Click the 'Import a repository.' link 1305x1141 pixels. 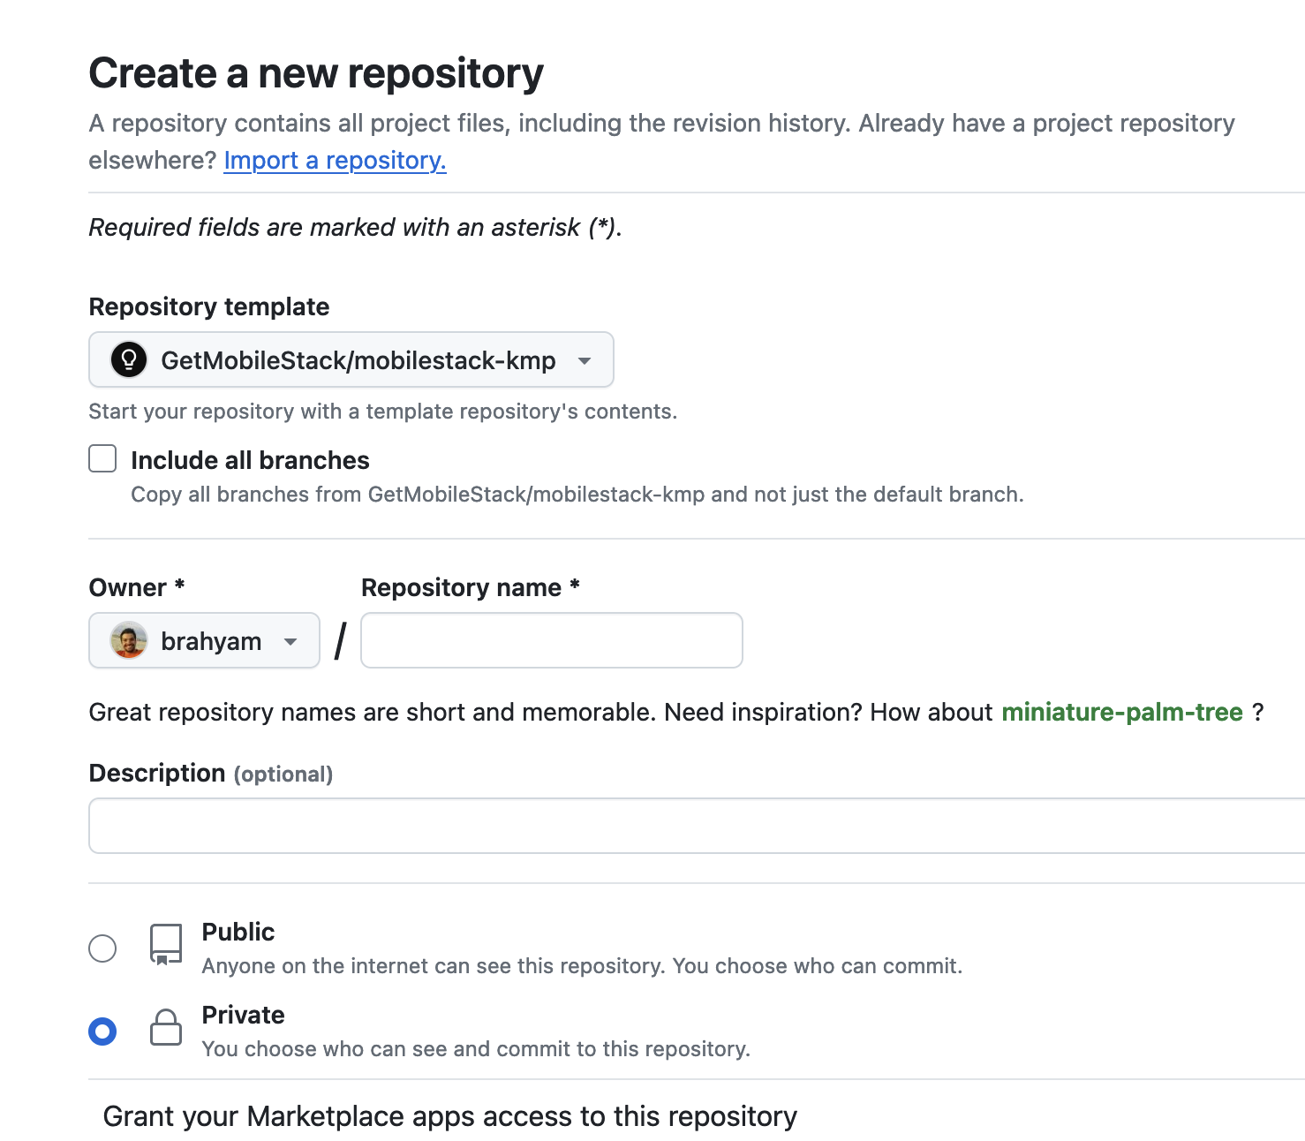pyautogui.click(x=335, y=160)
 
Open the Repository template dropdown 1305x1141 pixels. pyautogui.click(x=351, y=359)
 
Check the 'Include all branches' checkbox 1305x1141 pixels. pyautogui.click(x=102, y=458)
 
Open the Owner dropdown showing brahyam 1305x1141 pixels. pyautogui.click(x=204, y=640)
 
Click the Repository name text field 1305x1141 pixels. pyautogui.click(x=552, y=640)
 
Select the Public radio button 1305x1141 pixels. pyautogui.click(x=102, y=948)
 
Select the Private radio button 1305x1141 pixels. pyautogui.click(x=102, y=1031)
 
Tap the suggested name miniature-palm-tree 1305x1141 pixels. pyautogui.click(x=1122, y=712)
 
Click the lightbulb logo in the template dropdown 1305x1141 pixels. pyautogui.click(x=129, y=359)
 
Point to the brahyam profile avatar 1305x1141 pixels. pyautogui.click(x=129, y=640)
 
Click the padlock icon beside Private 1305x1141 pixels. pyautogui.click(x=166, y=1027)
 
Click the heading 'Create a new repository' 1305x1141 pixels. pyautogui.click(x=316, y=73)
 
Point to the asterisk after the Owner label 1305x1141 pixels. pyautogui.click(x=180, y=584)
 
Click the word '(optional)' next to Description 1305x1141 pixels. pyautogui.click(x=283, y=775)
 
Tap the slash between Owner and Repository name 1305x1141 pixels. pyautogui.click(x=341, y=641)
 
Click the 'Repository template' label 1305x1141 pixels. pyautogui.click(x=209, y=306)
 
